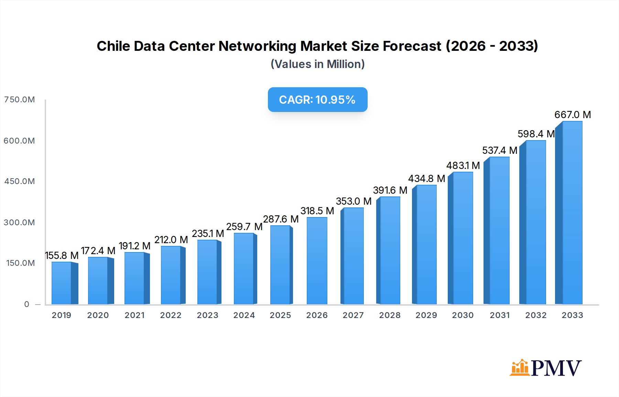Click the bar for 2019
(x=62, y=283)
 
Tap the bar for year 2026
(x=317, y=261)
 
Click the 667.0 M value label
(x=573, y=115)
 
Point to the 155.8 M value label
(x=62, y=256)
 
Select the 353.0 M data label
(x=354, y=201)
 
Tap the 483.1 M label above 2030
(x=463, y=166)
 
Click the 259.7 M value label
(x=244, y=227)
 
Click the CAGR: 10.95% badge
(x=317, y=100)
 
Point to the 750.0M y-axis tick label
(x=20, y=100)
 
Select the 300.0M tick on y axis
(x=20, y=223)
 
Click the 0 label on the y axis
(x=27, y=304)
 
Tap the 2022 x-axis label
(x=171, y=315)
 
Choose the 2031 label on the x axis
(x=500, y=315)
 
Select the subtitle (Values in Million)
(x=317, y=64)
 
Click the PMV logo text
(x=556, y=368)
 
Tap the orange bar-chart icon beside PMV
(x=520, y=368)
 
